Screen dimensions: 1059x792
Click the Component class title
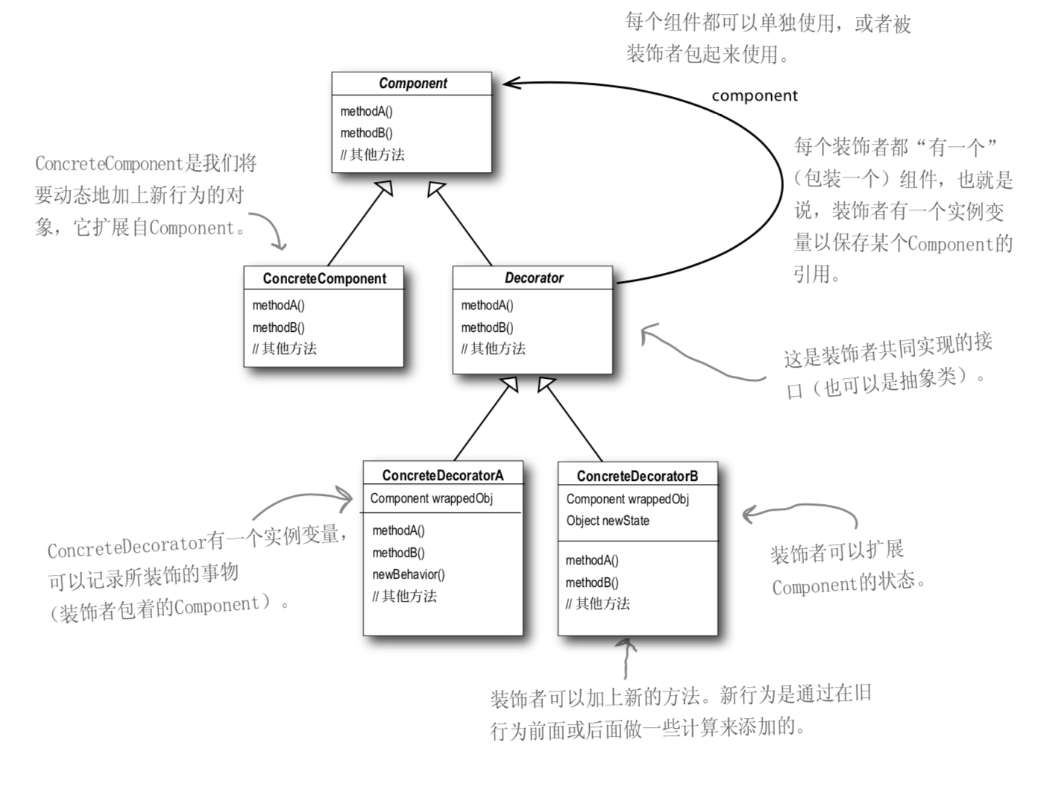pos(413,84)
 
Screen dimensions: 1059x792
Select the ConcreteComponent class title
pos(324,278)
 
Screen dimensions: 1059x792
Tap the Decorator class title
pos(533,278)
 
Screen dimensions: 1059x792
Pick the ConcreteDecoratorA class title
pos(442,476)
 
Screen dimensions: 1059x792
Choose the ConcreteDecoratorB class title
pos(638,476)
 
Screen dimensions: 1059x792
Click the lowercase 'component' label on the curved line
pos(755,95)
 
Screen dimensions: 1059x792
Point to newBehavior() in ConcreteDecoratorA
pos(408,574)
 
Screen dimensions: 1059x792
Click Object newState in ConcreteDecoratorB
pos(607,521)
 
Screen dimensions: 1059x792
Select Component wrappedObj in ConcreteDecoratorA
pos(431,498)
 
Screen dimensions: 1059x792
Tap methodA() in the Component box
pos(366,111)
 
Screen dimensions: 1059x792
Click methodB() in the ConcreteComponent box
pos(278,327)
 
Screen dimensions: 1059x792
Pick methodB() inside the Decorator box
pos(487,327)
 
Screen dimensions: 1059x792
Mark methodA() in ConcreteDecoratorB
pos(591,560)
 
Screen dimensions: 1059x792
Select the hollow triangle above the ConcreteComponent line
pos(385,188)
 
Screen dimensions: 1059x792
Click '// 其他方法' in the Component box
pos(372,154)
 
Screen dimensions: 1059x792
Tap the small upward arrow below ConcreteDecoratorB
pos(626,658)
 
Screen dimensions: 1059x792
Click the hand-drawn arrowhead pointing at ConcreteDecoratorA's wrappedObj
pos(345,498)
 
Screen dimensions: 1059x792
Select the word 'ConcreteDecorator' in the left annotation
pos(127,547)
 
